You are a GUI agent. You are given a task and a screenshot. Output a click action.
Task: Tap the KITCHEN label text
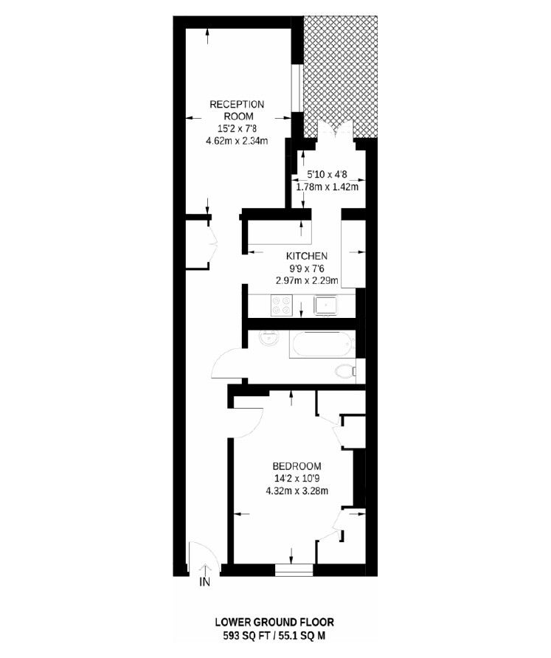click(x=306, y=256)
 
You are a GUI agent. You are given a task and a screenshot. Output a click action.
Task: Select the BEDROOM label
click(x=297, y=466)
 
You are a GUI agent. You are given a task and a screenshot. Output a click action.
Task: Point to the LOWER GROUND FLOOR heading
click(x=279, y=623)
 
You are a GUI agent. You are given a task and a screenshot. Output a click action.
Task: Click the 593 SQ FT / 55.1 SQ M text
click(x=279, y=634)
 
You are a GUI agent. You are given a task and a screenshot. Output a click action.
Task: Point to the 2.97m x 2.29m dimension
click(x=306, y=280)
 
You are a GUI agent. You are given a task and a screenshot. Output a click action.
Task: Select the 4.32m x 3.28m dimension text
click(x=297, y=491)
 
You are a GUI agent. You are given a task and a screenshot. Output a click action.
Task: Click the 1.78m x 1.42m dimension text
click(x=332, y=187)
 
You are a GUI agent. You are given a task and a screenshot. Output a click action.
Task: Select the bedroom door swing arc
click(x=249, y=420)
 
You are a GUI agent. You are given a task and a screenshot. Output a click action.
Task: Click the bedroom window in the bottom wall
click(x=294, y=569)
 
